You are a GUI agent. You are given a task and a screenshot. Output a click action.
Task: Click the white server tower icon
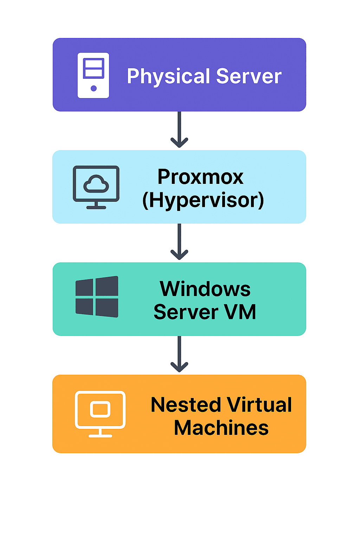click(93, 75)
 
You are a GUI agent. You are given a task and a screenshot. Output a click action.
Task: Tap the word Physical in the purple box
click(168, 76)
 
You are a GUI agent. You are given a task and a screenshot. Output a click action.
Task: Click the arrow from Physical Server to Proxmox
click(179, 130)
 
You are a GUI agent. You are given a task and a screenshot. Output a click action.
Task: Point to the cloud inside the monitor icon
click(96, 184)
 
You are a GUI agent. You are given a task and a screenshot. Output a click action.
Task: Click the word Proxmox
click(200, 176)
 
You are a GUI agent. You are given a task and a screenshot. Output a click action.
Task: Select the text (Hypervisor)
click(203, 200)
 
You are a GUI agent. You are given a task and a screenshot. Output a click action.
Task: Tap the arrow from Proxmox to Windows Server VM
click(179, 242)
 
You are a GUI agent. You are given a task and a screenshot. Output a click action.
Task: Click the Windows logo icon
click(97, 297)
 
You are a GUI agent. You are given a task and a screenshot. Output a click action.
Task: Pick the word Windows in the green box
click(205, 289)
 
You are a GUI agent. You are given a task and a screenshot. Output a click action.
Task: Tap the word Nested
click(186, 405)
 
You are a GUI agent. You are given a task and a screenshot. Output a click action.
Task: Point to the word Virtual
click(259, 405)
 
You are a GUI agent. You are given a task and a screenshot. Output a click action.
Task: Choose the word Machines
click(221, 428)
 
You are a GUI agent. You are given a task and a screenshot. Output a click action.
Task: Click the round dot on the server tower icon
click(94, 88)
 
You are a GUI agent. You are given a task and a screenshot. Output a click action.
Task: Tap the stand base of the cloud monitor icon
click(96, 207)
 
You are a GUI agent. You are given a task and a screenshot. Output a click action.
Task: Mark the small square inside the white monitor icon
click(100, 409)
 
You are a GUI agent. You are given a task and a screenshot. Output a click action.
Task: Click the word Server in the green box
click(186, 312)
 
